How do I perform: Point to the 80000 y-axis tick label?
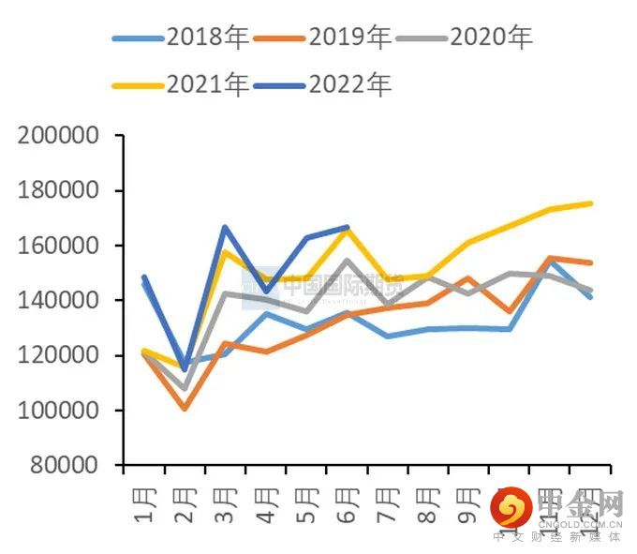64,466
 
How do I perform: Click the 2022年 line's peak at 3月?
225,227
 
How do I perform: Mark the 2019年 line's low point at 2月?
185,408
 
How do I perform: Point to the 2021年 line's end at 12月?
591,202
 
